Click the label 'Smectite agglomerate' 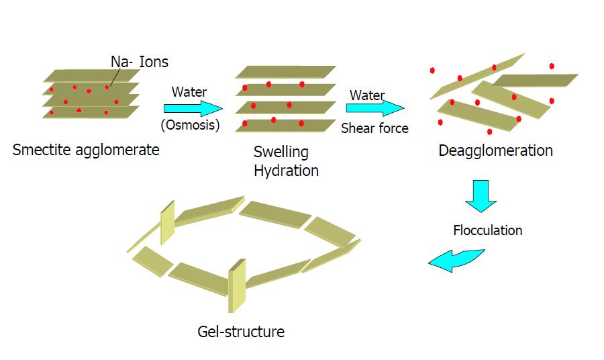tap(86, 149)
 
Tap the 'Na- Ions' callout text tap(140, 62)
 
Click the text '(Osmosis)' tap(190, 124)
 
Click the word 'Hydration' tap(286, 171)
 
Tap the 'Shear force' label tap(374, 128)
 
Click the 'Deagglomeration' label tap(495, 150)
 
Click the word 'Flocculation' tap(487, 230)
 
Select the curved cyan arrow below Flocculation tap(456, 261)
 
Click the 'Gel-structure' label tap(241, 331)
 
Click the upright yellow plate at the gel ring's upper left tap(167, 221)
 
